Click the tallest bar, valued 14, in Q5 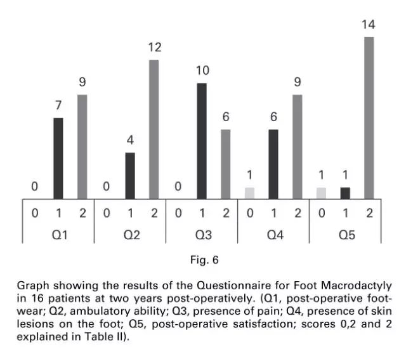coord(369,117)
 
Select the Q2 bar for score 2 coord(154,129)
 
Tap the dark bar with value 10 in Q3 coord(202,141)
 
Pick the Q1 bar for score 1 coord(58,158)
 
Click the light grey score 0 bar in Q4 coord(249,193)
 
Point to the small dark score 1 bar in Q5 coord(345,193)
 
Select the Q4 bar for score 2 coord(297,147)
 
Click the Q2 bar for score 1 coord(130,176)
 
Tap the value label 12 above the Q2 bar coord(154,48)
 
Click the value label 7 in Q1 coord(58,105)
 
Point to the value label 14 coord(369,25)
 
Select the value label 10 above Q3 coord(202,70)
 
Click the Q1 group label coord(58,235)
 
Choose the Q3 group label coord(202,235)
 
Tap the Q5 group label coord(346,235)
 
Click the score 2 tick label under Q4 coord(297,213)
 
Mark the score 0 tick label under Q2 coord(106,213)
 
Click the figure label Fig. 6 coord(204,259)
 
